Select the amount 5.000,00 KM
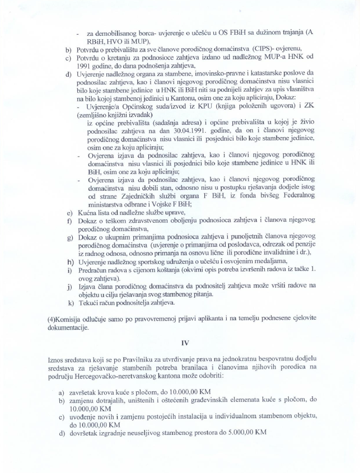click(x=251, y=433)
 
